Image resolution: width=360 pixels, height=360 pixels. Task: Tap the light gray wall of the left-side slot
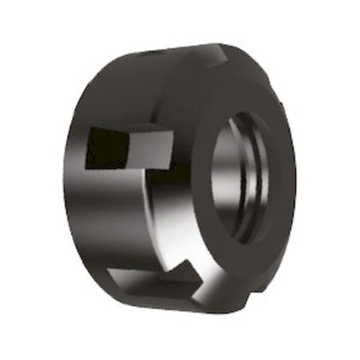[148, 151]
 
